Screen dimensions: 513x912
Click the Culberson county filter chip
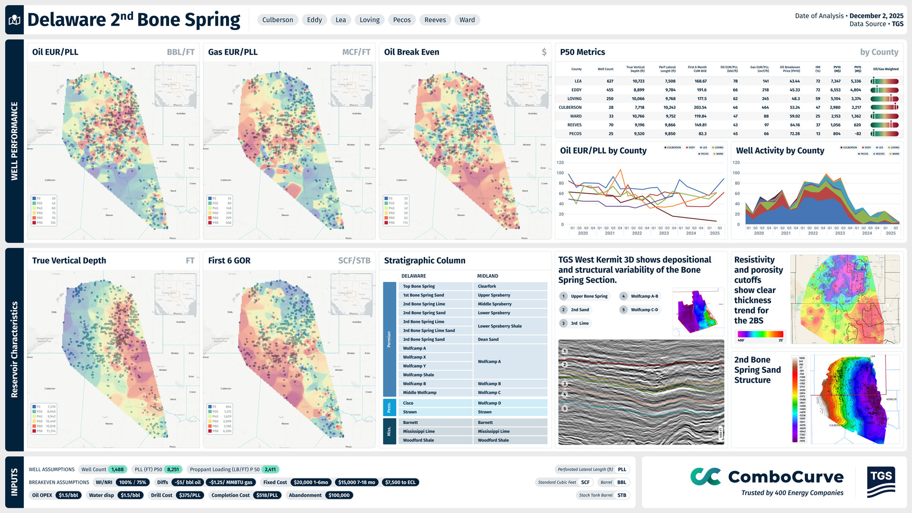277,20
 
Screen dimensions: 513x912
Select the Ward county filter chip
467,20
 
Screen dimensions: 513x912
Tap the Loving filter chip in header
369,20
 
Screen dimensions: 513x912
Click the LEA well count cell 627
610,81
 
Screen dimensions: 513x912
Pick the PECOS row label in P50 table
575,134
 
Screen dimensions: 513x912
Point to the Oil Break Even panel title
411,52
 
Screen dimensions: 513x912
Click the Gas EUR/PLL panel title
233,52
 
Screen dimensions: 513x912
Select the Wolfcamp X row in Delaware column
415,357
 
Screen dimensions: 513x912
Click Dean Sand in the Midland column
488,340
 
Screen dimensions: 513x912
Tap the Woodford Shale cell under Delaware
418,440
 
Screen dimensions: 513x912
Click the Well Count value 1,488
117,469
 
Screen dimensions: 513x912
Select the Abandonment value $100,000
339,495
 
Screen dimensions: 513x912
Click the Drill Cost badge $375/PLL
190,495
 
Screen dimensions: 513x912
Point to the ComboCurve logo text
786,477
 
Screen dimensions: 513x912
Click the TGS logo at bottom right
881,482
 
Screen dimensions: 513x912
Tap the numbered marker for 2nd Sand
563,310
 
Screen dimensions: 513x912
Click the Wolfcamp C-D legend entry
644,310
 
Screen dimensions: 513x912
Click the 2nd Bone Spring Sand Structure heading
757,370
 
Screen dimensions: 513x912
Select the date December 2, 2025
876,16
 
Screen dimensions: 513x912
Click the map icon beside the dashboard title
15,20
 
